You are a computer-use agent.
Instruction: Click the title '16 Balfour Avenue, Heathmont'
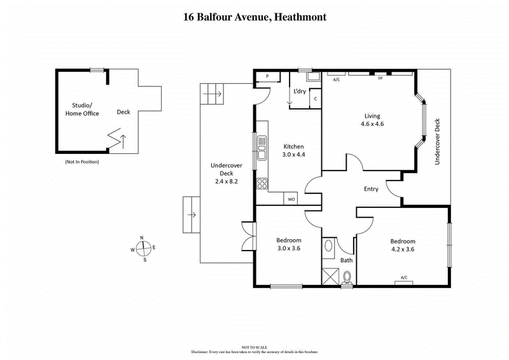click(254, 17)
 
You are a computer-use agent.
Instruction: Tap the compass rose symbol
click(143, 249)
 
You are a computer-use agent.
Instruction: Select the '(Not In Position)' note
click(82, 162)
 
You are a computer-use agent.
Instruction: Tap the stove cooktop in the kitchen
click(261, 184)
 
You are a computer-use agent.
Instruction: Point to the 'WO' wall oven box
click(291, 199)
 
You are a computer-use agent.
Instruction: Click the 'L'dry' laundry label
click(300, 92)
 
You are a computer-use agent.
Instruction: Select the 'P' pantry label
click(268, 76)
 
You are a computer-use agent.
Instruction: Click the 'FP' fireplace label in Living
click(380, 78)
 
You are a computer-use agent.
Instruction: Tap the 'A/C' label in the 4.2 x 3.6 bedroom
click(403, 277)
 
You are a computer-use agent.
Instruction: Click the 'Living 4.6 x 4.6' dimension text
click(372, 120)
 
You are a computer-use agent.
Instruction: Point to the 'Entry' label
click(371, 189)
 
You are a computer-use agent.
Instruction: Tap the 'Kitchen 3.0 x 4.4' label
click(293, 151)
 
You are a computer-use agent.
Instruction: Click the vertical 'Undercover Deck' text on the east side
click(437, 141)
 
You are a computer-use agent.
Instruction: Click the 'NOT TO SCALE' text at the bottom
click(254, 347)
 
